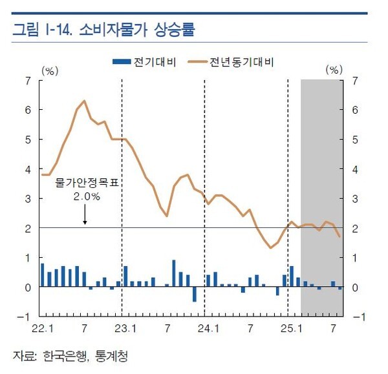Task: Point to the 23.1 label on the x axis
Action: [124, 329]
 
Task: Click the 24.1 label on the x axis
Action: [206, 329]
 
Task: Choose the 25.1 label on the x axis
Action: [288, 329]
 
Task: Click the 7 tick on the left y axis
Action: [27, 81]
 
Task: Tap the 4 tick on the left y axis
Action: [27, 169]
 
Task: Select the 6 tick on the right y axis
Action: [355, 110]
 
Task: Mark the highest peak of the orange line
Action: [84, 101]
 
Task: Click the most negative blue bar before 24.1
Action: [194, 294]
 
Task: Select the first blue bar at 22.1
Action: [43, 275]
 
